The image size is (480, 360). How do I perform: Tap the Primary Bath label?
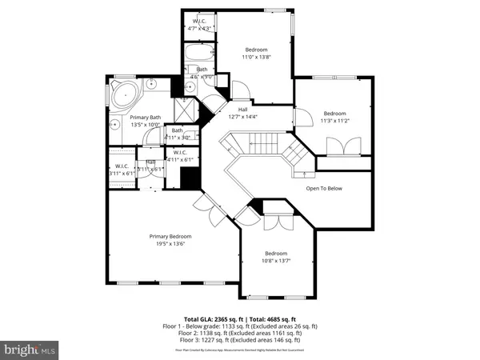[146, 121]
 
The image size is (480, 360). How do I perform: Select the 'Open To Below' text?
[325, 189]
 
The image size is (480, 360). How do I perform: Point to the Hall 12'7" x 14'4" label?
[242, 114]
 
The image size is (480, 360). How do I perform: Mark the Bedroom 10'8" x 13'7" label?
[277, 257]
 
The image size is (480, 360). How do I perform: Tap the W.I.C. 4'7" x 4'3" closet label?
[196, 25]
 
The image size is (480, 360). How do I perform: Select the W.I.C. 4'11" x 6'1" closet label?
[180, 156]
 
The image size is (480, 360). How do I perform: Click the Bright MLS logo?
[30, 349]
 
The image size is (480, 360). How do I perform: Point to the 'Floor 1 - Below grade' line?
[240, 326]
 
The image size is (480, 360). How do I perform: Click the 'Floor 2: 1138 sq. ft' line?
[240, 334]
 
